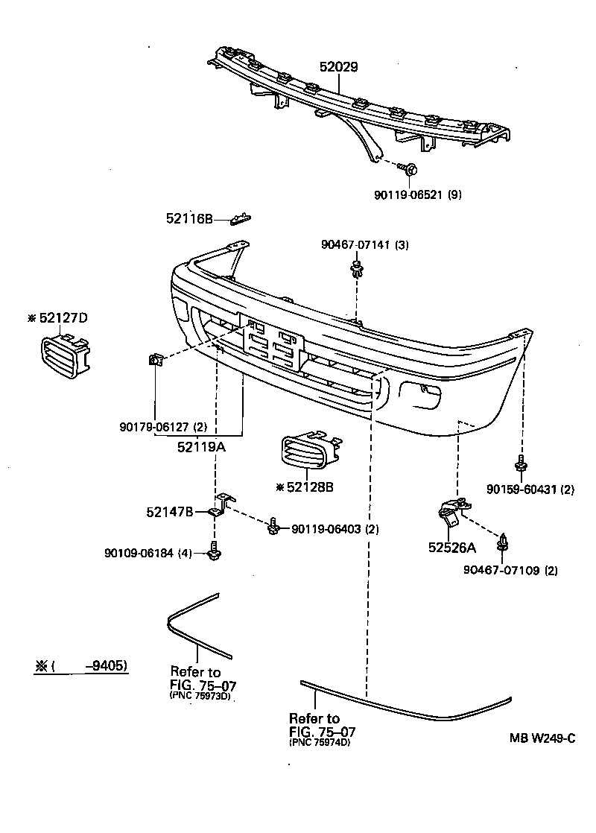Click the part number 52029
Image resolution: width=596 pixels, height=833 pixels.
(x=339, y=67)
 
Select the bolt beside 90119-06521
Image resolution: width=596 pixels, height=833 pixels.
(x=408, y=170)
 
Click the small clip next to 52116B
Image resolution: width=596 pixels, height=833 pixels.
(x=241, y=218)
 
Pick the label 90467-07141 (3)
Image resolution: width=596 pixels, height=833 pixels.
(x=365, y=245)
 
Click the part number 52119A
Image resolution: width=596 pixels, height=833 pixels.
(x=201, y=447)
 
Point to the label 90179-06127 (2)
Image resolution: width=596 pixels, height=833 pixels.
(x=163, y=427)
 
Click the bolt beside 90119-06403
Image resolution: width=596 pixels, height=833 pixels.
(x=274, y=528)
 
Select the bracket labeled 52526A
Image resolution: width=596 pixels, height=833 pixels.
(x=450, y=512)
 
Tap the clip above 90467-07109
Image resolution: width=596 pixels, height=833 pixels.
(x=505, y=543)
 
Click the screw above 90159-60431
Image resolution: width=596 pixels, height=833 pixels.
(x=521, y=463)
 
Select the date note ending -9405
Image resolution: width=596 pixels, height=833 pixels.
(x=81, y=666)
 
